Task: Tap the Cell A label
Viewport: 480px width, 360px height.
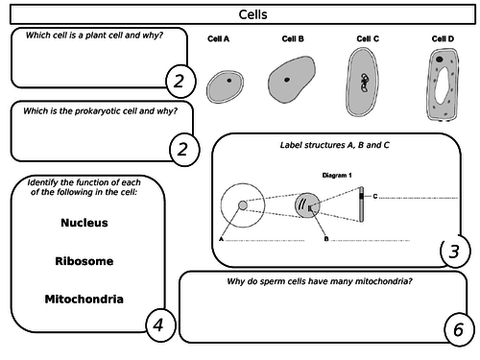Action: pos(219,39)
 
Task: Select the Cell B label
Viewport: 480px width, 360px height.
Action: pos(293,39)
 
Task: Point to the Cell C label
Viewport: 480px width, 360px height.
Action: pos(368,39)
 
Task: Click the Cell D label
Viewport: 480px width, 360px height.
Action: pos(444,39)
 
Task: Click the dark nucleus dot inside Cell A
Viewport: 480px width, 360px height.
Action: pos(228,82)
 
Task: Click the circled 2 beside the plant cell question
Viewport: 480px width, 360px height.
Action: pos(179,82)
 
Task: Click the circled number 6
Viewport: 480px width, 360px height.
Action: pos(458,329)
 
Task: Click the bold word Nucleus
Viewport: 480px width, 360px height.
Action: pos(84,223)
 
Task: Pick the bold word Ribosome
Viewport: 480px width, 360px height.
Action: pos(84,260)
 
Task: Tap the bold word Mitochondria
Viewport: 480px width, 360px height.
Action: pos(84,299)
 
